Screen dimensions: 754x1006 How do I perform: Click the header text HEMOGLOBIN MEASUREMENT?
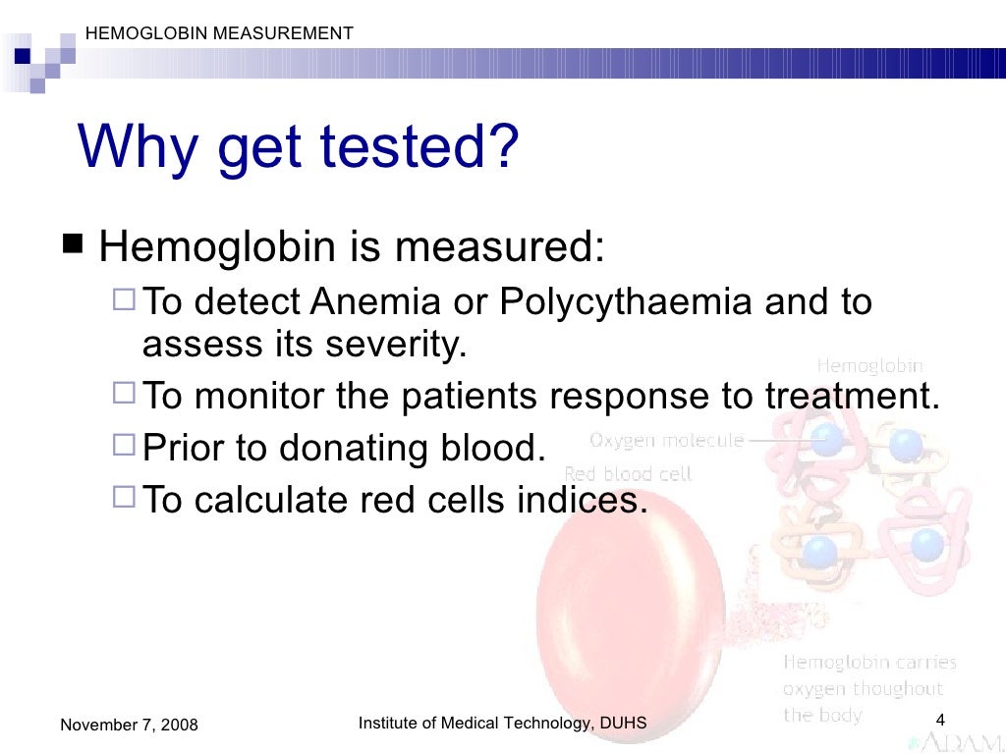click(219, 33)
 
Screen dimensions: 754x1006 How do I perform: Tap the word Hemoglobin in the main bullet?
click(217, 247)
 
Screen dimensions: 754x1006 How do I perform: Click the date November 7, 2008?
click(129, 726)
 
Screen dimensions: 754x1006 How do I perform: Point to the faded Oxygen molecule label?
click(666, 440)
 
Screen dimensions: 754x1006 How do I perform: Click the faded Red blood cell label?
click(628, 473)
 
